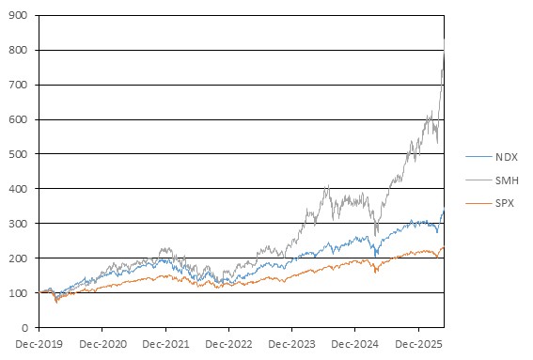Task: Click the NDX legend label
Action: pyautogui.click(x=506, y=157)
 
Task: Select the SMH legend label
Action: pyautogui.click(x=507, y=180)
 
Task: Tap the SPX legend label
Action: pyautogui.click(x=505, y=203)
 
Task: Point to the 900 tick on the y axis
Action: pyautogui.click(x=18, y=15)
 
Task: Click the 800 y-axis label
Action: pyautogui.click(x=18, y=50)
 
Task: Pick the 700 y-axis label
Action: pyautogui.click(x=18, y=85)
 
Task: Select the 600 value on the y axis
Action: pyautogui.click(x=18, y=119)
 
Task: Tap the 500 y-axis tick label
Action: pyautogui.click(x=18, y=154)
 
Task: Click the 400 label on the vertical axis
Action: pyautogui.click(x=18, y=189)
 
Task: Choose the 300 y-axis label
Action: pyautogui.click(x=18, y=224)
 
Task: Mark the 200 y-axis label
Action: pyautogui.click(x=18, y=258)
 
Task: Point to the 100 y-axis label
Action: pyautogui.click(x=18, y=293)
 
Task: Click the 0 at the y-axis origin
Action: pyautogui.click(x=24, y=328)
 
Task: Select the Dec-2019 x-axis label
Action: pyautogui.click(x=39, y=344)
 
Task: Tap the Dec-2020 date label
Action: pyautogui.click(x=102, y=344)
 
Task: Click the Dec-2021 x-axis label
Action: pyautogui.click(x=165, y=344)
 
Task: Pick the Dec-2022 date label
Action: pyautogui.click(x=228, y=344)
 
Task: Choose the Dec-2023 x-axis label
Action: pyautogui.click(x=291, y=344)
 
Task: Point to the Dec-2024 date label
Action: pyautogui.click(x=355, y=344)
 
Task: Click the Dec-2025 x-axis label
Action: pyautogui.click(x=418, y=344)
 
